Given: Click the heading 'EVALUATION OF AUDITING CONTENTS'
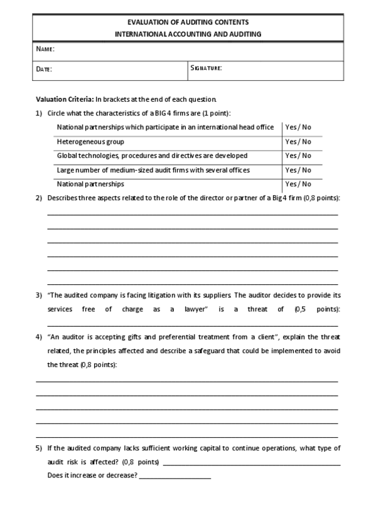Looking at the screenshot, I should point(188,22).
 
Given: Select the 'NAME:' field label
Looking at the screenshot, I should point(45,49).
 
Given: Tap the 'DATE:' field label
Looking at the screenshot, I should point(44,69).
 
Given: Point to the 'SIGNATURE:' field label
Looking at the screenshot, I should point(206,67).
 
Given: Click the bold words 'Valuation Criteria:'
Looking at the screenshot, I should point(65,99).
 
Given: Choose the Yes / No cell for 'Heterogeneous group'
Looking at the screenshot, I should point(298,142).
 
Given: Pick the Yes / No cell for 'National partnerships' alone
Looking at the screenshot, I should point(298,184).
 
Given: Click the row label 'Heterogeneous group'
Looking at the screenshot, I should point(90,142).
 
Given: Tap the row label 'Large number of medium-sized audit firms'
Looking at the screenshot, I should point(153,170).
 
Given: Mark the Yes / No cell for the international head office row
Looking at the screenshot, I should point(298,127).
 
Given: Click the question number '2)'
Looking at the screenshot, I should point(39,198).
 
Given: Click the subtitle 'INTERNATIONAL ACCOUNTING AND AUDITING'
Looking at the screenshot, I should point(188,35).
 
